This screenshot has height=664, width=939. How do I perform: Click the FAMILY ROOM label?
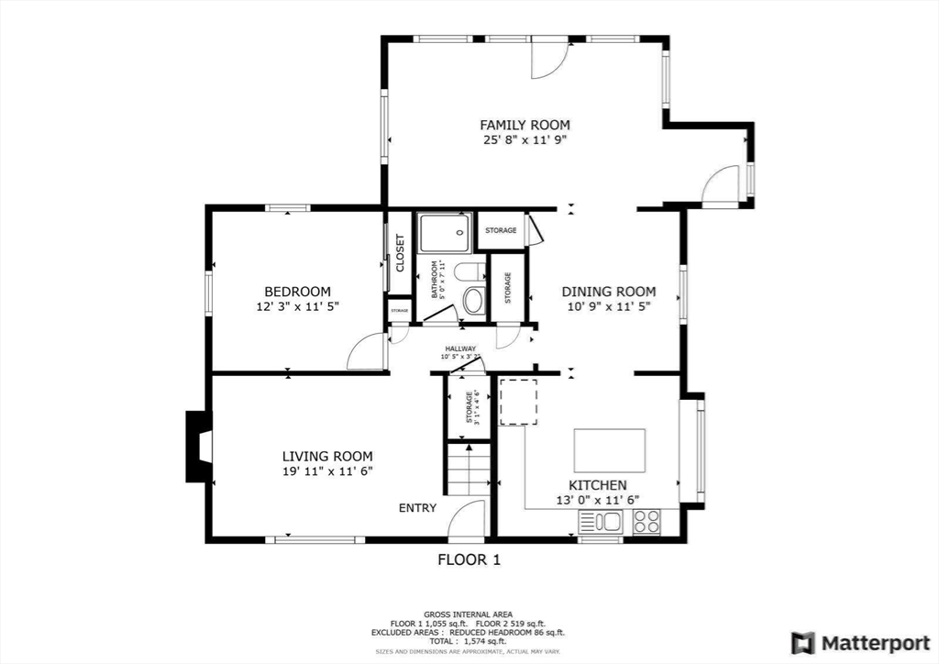(525, 125)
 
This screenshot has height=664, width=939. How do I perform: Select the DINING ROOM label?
(608, 292)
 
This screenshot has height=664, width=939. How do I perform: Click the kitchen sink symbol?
(600, 522)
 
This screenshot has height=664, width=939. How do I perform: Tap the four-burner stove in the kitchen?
(646, 522)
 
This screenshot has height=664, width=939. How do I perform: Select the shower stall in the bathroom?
(445, 232)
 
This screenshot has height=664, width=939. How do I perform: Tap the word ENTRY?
(417, 508)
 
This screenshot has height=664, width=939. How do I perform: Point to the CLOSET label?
(400, 252)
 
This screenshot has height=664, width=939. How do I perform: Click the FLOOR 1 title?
(469, 559)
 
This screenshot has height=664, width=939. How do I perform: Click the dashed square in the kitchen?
(518, 402)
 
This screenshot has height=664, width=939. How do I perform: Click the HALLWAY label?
(460, 349)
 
